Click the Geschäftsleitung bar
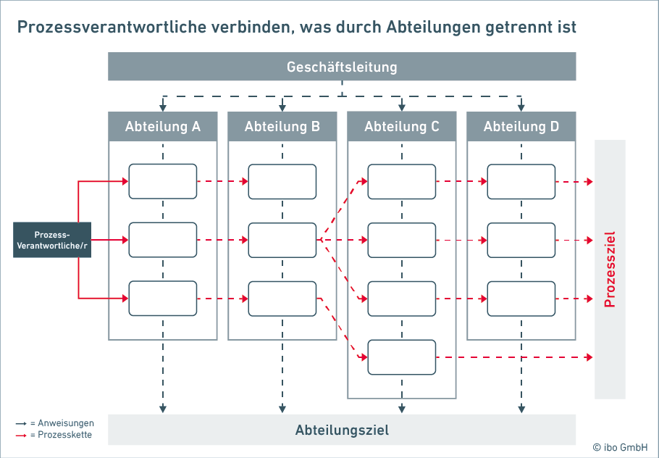pos(342,67)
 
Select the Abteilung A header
pos(163,127)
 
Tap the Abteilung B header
pos(282,127)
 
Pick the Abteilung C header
pos(402,127)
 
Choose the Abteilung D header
pos(521,127)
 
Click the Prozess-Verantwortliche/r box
pos(52,240)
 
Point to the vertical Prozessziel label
pos(610,269)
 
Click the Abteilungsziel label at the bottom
pos(342,430)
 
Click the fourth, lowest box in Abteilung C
pos(402,357)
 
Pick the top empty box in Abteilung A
pos(163,181)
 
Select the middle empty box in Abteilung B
pos(282,240)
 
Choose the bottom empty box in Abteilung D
pos(521,298)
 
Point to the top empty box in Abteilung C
pos(402,181)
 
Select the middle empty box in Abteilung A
pos(163,240)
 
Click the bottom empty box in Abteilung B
pos(282,298)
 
